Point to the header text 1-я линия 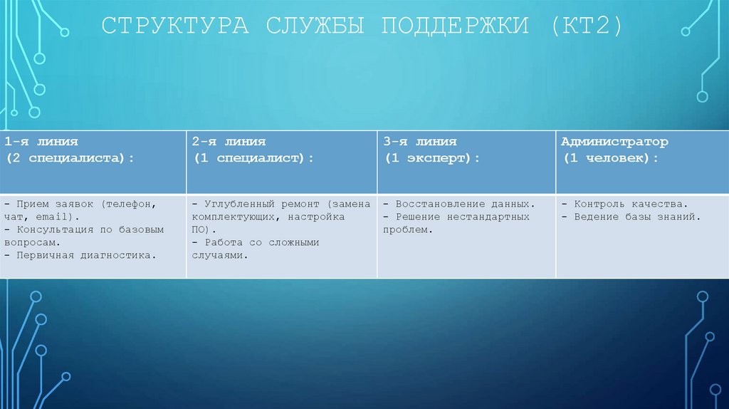click(41, 143)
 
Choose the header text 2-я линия click(229, 143)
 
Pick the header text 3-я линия click(419, 143)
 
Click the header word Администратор click(614, 143)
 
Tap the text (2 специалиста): click(70, 158)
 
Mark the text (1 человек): click(611, 158)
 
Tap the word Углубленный click(243, 204)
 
